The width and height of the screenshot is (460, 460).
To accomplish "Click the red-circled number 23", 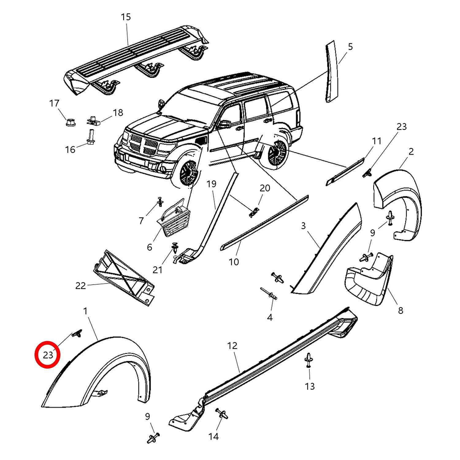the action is [48, 355].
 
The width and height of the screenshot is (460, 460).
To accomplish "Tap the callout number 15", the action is [125, 17].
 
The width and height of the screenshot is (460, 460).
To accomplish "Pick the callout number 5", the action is [350, 47].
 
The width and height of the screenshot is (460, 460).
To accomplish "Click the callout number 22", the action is [80, 286].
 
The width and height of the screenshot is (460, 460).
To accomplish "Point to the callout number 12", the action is [232, 346].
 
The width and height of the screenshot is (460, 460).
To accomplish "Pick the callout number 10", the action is [234, 262].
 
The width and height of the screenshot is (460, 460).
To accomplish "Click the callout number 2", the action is [411, 151].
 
